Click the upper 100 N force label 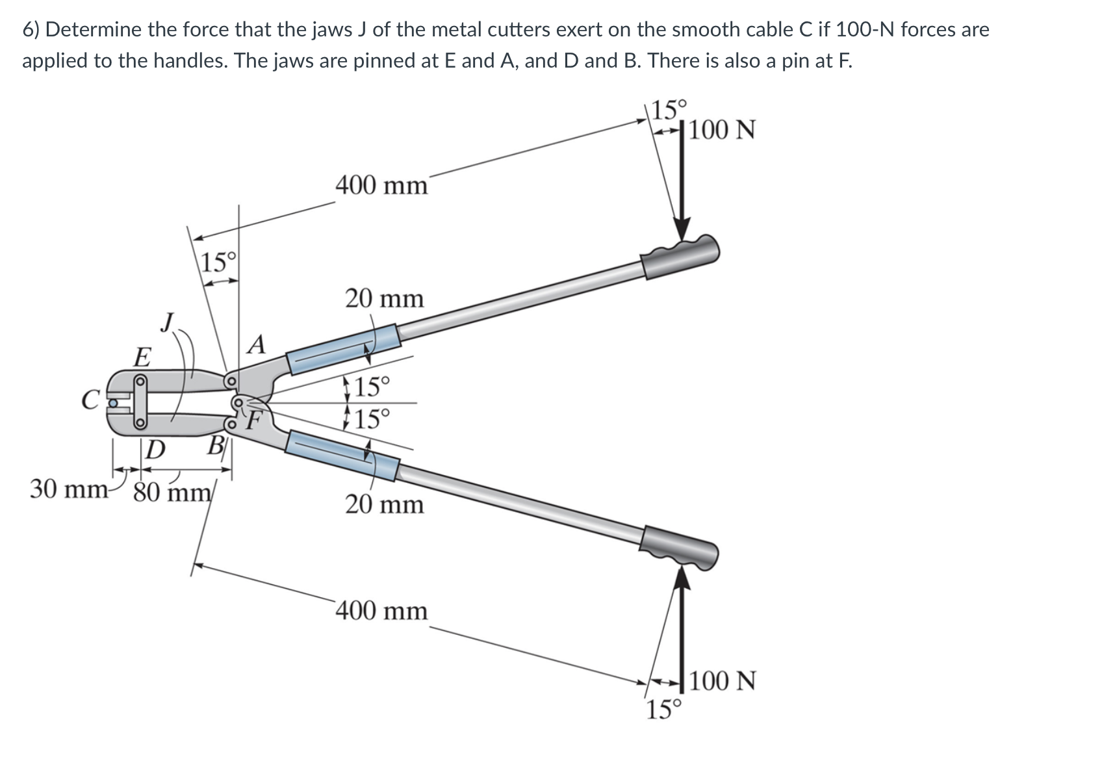coord(722,130)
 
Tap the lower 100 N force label coord(722,681)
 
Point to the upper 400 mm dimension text coord(381,185)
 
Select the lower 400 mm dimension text coord(381,611)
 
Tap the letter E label coord(142,357)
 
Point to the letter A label coord(257,344)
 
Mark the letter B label coord(215,447)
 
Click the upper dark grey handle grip coord(679,255)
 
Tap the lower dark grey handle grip coord(679,547)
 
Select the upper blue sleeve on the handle coord(342,350)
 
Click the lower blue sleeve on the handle coord(342,456)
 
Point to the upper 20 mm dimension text coord(383,299)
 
